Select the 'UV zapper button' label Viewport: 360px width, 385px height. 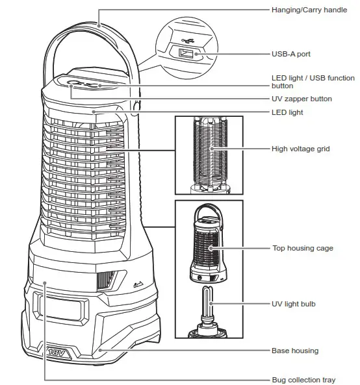point(302,99)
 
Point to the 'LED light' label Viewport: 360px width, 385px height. point(287,112)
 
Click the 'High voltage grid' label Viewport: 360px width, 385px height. point(300,149)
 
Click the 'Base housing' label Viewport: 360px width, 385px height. point(294,351)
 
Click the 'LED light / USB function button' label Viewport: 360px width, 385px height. point(314,81)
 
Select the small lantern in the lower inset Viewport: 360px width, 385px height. point(209,247)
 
